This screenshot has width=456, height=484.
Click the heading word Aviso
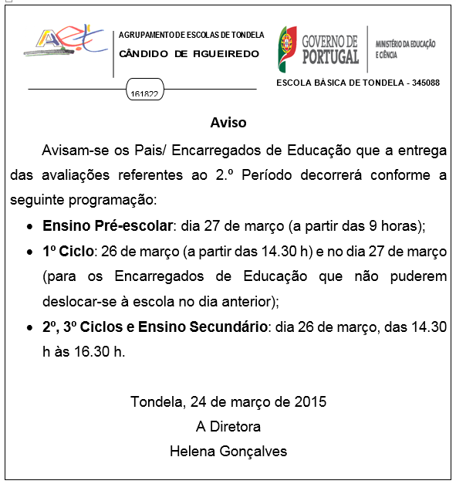coord(228,123)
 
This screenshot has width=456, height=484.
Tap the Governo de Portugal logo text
coord(331,48)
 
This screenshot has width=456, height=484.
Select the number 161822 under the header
coord(144,94)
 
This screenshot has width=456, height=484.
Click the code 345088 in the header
coord(423,82)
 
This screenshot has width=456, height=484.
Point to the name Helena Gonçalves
coord(228,451)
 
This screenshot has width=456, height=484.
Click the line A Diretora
coord(228,426)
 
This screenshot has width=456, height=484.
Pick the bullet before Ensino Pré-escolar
coord(29,228)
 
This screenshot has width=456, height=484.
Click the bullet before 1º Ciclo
coord(29,253)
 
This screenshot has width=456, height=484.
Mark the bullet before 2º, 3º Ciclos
coord(29,328)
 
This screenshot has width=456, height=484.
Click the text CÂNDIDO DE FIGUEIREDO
coord(189,54)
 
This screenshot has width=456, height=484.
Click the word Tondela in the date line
coord(155,401)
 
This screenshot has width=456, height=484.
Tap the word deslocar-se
coord(80,301)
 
